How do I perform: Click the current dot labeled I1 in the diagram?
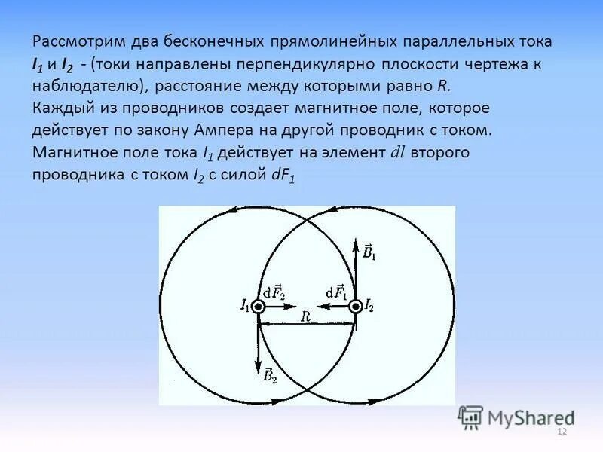point(259,307)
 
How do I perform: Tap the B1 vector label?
point(368,252)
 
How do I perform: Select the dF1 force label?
point(336,292)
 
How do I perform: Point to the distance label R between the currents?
point(306,317)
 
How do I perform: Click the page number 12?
point(561,431)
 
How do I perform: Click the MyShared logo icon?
point(470,417)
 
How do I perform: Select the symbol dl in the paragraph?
point(398,151)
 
